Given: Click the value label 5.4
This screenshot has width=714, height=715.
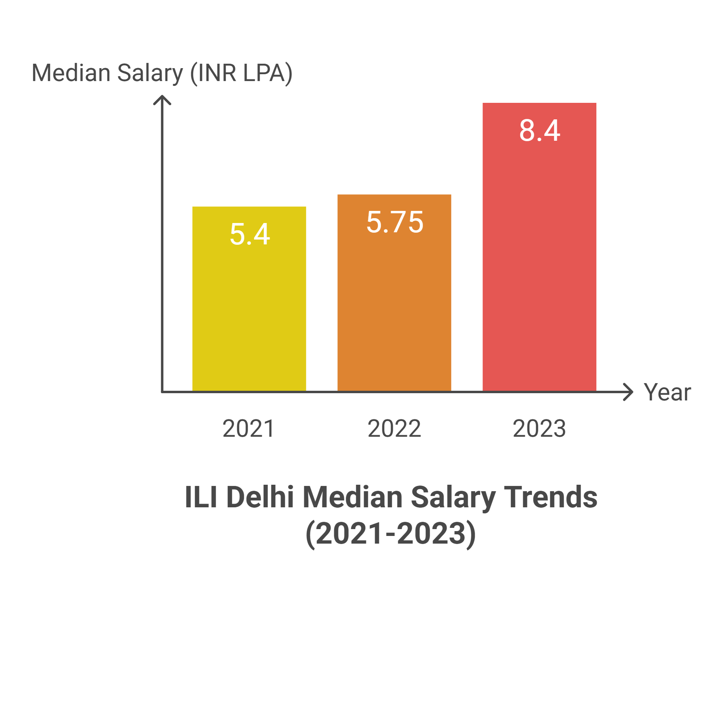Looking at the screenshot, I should click(250, 234).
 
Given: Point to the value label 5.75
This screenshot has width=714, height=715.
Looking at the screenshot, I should click(395, 222).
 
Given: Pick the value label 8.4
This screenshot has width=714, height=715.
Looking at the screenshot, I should click(539, 131).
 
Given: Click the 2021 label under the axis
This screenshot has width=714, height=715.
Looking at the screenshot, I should click(249, 428).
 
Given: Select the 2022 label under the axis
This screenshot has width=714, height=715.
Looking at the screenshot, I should click(394, 428).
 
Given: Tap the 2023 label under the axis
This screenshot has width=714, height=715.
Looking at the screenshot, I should click(539, 428).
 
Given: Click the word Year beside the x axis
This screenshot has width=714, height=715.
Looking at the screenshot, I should click(667, 392).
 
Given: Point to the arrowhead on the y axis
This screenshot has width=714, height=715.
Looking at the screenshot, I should click(162, 99).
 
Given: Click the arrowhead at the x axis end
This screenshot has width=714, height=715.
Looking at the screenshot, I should click(629, 392).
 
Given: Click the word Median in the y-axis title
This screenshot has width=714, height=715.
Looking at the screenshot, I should click(71, 73).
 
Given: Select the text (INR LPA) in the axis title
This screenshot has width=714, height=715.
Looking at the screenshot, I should click(241, 73).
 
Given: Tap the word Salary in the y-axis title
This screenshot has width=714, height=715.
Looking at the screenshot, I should click(150, 74).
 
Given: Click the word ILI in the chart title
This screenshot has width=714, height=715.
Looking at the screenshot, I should click(201, 497).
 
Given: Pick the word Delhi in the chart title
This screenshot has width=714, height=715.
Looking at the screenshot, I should click(260, 497).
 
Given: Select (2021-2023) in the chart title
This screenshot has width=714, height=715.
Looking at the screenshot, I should click(391, 534).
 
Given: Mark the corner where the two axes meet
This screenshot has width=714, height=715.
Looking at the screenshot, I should click(162, 392).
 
